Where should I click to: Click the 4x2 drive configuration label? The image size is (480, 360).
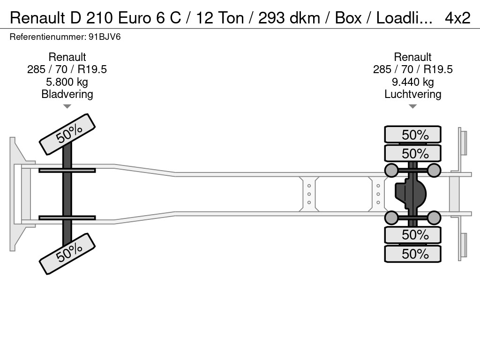(x=457, y=18)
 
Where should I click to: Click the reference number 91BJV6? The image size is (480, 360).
(x=65, y=37)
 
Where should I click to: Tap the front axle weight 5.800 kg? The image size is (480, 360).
(x=67, y=82)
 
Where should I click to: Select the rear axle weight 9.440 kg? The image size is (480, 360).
(x=412, y=82)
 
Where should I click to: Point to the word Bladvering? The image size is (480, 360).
(x=67, y=94)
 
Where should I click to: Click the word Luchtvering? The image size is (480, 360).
(x=412, y=94)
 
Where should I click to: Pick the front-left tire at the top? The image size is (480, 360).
(x=67, y=134)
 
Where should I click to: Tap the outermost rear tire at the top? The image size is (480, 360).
(x=412, y=135)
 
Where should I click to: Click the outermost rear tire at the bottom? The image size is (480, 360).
(x=412, y=254)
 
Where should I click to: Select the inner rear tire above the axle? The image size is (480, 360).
(x=412, y=153)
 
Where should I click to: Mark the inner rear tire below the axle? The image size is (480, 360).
(x=412, y=234)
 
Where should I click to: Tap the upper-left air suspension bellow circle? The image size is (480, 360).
(x=391, y=170)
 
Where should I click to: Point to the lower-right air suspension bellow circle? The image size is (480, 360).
(x=434, y=217)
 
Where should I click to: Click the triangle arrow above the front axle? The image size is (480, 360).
(x=67, y=107)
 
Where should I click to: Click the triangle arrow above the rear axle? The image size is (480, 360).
(x=412, y=107)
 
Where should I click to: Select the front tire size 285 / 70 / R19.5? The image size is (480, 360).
(x=67, y=69)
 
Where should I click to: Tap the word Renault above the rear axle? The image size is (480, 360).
(x=412, y=57)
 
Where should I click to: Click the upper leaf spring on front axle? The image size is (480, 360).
(x=67, y=170)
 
